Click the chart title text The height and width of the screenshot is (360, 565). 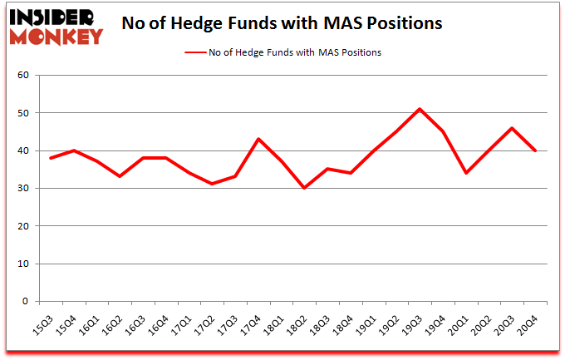point(282,23)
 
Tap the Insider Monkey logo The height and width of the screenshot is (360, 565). point(56,25)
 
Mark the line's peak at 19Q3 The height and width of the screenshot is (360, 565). point(420,109)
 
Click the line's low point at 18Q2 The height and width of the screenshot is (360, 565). point(304,188)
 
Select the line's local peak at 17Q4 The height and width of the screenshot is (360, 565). point(258,139)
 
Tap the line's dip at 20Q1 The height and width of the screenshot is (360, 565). point(465,173)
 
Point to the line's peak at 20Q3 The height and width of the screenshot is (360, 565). point(512,128)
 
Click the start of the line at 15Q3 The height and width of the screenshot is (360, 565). point(50,158)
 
